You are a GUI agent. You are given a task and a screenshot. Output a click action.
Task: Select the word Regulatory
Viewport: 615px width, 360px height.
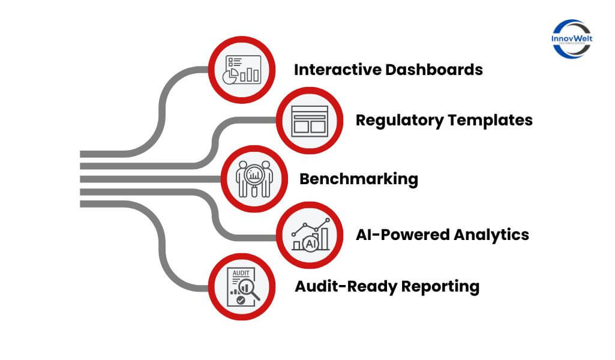tap(397, 120)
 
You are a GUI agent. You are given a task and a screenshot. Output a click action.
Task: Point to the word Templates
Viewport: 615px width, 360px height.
tap(488, 120)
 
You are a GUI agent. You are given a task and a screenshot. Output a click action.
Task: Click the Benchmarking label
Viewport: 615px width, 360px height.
tap(358, 179)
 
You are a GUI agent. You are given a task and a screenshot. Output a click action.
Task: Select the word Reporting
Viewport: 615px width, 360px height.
tap(440, 286)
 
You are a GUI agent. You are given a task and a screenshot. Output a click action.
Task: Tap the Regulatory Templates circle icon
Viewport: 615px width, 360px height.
tap(310, 120)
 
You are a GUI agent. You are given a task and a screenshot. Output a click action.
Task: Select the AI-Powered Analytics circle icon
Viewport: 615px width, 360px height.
tap(310, 235)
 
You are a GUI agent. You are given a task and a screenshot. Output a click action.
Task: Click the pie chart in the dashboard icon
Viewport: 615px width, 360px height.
tap(230, 76)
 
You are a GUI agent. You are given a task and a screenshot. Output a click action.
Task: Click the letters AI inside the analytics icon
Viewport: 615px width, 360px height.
tap(311, 244)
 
